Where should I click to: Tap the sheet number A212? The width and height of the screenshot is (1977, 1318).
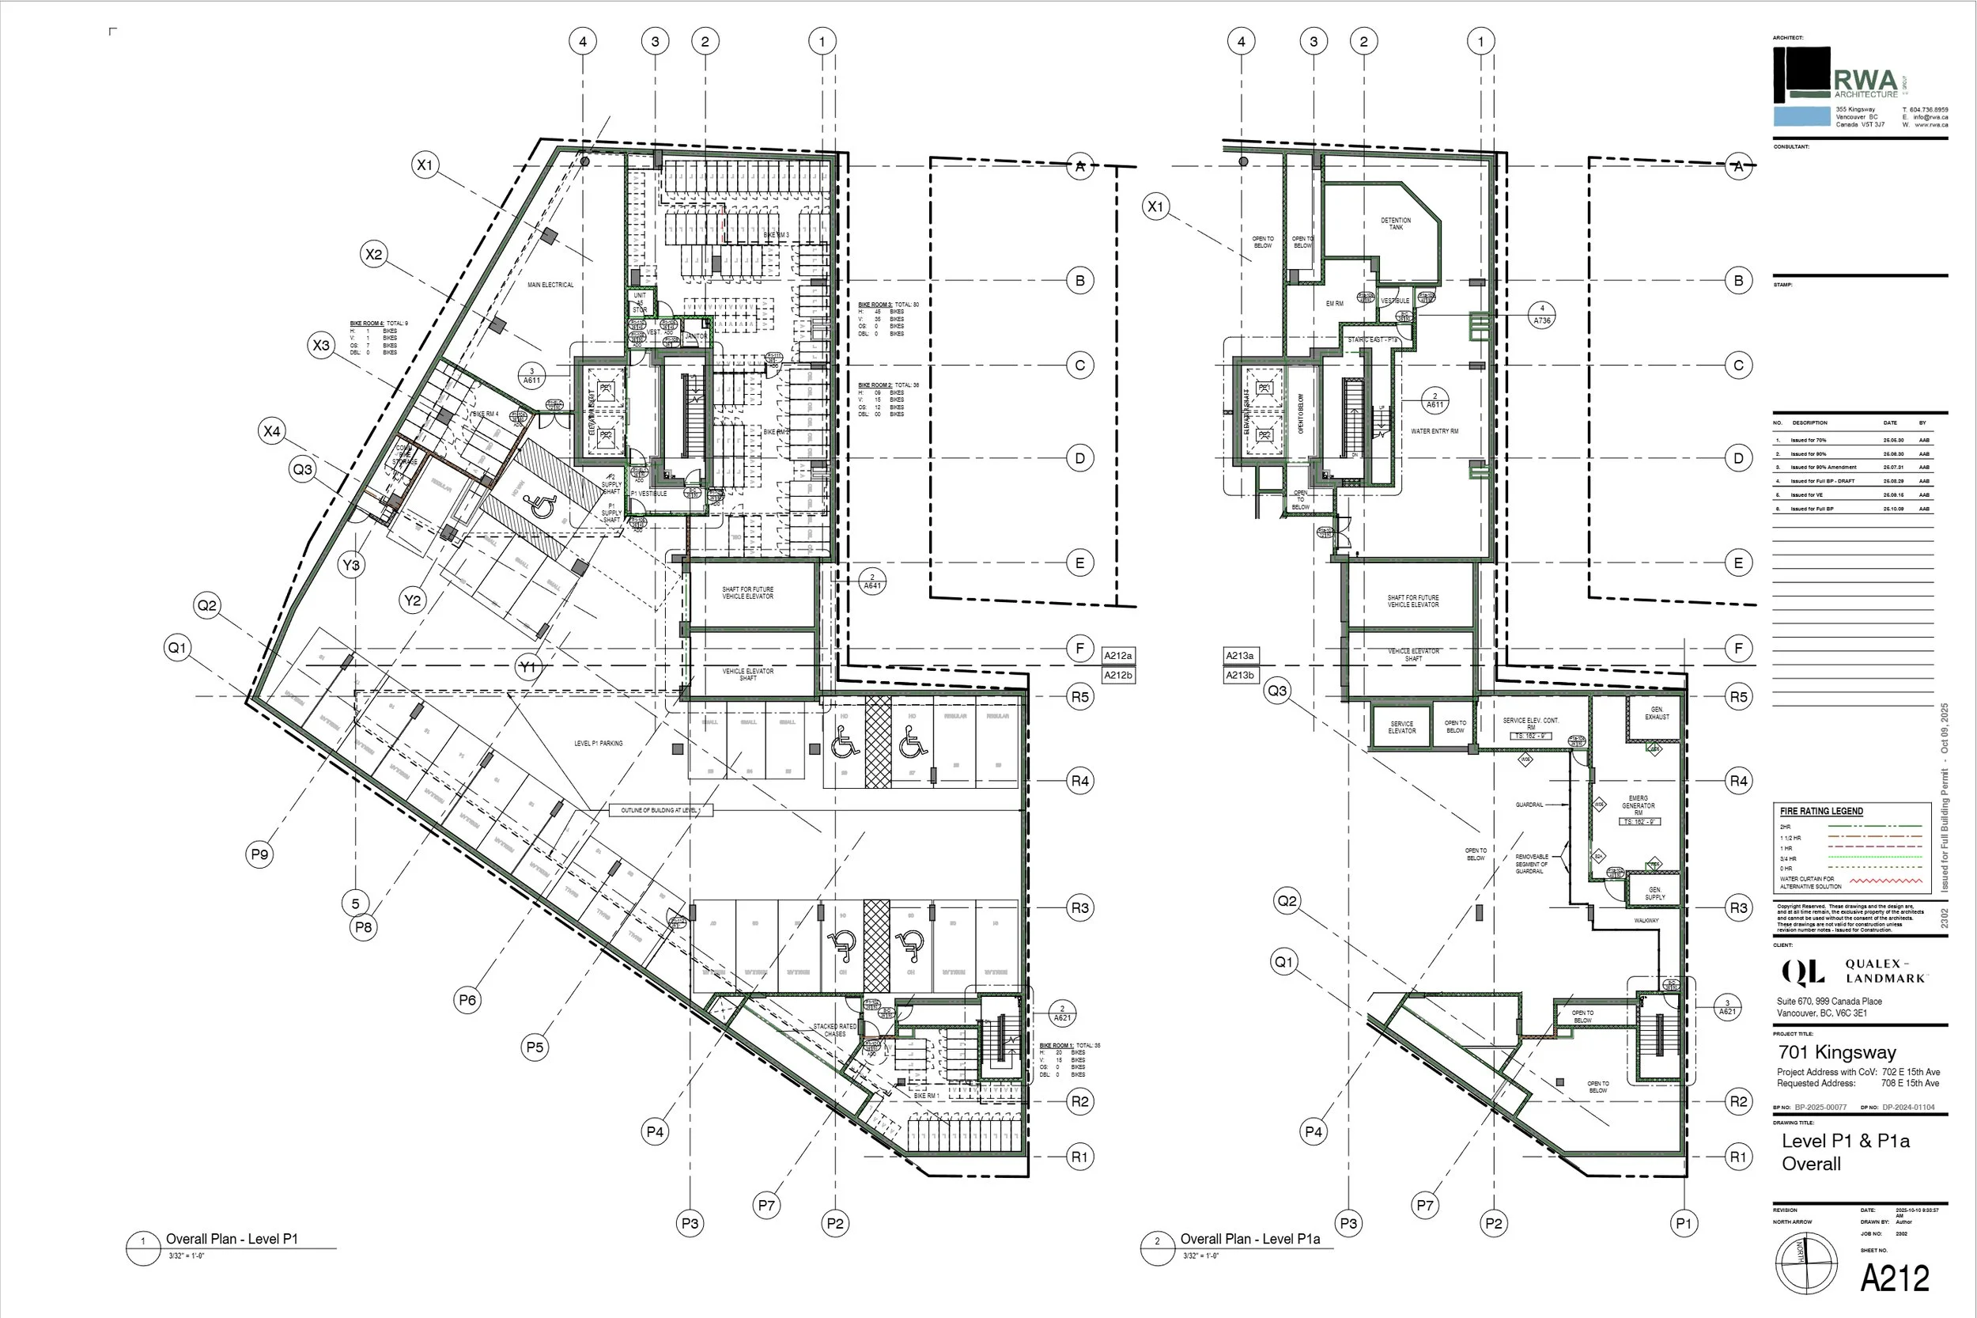(1895, 1278)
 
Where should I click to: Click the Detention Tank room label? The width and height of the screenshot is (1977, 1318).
(1396, 224)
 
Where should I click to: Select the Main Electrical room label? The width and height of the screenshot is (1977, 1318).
(550, 285)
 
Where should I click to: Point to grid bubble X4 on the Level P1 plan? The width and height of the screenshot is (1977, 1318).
(271, 432)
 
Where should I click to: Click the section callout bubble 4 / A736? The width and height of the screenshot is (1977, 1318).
(1542, 314)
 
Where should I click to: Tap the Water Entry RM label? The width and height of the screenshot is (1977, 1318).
(1435, 431)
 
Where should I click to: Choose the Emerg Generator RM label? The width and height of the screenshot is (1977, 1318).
(1638, 805)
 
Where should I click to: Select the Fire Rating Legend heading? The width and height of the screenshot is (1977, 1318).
(1820, 811)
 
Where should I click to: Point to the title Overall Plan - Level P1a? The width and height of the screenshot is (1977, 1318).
(1249, 1239)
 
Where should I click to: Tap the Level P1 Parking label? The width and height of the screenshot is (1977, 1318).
(598, 743)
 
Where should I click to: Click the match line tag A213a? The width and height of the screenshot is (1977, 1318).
(1239, 656)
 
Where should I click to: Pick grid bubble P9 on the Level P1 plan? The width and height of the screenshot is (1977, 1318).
(259, 855)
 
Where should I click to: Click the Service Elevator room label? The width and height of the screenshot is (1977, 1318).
(1401, 727)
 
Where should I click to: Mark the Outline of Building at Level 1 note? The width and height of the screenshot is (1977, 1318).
(660, 810)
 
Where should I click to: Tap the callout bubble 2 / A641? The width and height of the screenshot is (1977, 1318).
(872, 581)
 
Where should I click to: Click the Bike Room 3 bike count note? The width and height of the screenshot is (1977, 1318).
(883, 319)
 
